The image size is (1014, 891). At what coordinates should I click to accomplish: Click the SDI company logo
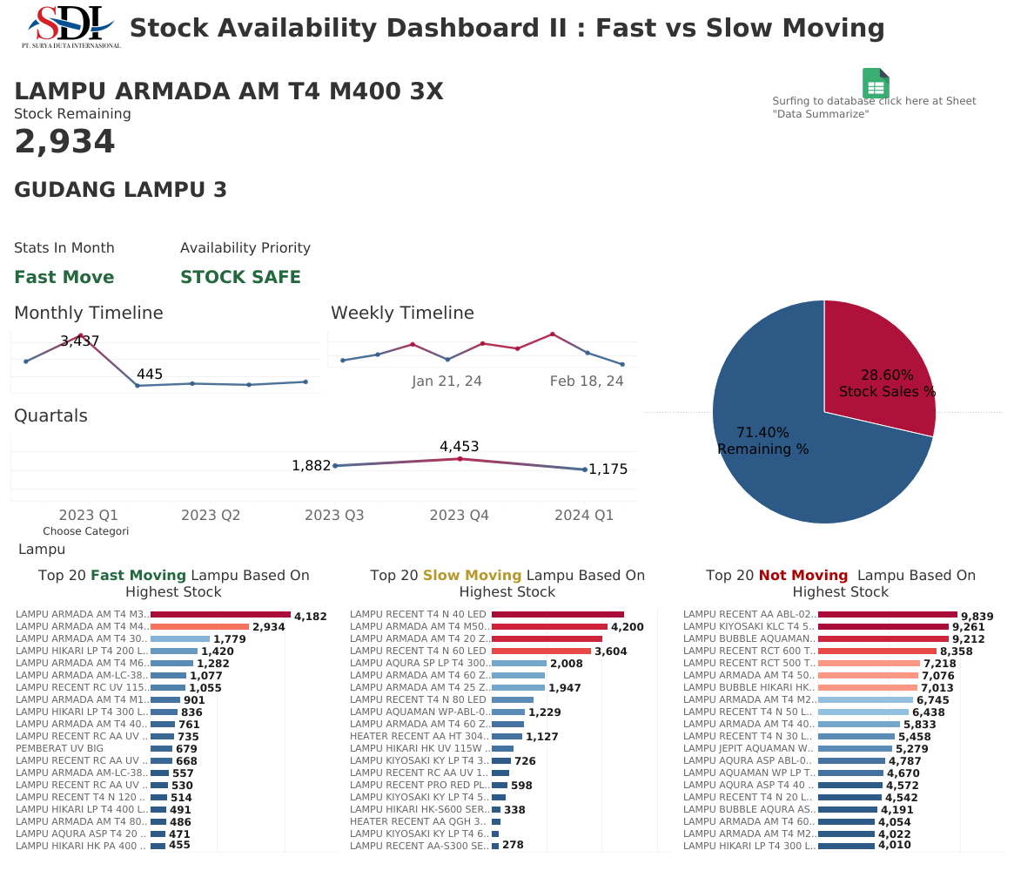71,26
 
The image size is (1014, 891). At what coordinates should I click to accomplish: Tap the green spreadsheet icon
876,84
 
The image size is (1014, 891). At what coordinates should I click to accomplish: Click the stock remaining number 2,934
64,142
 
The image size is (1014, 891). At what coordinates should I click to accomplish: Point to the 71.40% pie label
762,433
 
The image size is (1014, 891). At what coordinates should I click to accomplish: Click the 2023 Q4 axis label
460,516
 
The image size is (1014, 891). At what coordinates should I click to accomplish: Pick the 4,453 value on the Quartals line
460,447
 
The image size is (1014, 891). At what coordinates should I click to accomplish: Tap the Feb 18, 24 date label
587,381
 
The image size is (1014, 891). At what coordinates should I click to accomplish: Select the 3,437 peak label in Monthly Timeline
80,341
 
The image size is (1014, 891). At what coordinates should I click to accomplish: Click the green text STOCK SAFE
240,277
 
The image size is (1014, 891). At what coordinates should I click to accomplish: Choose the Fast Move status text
64,277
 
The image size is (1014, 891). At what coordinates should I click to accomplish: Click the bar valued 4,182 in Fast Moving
220,615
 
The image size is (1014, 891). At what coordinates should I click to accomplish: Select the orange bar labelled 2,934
199,627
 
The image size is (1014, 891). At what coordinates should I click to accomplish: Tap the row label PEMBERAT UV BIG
59,749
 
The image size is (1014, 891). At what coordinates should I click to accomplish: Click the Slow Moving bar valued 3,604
541,651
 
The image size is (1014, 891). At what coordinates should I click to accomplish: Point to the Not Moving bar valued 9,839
820,615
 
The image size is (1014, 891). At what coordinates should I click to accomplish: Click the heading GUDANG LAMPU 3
121,190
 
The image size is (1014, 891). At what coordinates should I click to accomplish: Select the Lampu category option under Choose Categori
42,550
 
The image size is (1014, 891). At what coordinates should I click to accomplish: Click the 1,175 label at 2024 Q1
608,469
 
